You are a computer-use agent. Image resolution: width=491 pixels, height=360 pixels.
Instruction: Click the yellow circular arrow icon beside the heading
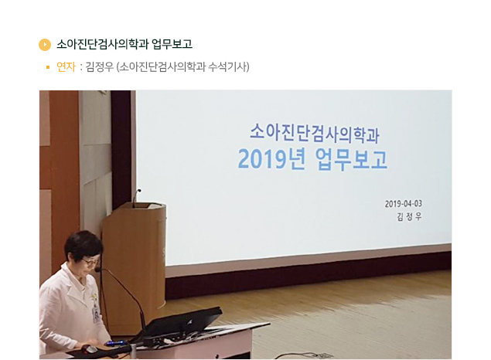45,44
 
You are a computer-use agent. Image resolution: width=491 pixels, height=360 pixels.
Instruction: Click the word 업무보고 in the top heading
172,44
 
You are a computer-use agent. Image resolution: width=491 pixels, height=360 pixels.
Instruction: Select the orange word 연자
66,67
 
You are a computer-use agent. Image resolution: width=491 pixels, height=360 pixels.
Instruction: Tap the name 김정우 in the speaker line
99,67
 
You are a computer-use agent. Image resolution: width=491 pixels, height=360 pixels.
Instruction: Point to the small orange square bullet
48,67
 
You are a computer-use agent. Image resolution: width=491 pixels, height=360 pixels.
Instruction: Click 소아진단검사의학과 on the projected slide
315,133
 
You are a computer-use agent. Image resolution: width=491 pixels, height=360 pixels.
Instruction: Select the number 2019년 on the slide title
272,159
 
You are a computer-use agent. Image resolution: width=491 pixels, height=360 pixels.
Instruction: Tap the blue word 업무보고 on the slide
351,159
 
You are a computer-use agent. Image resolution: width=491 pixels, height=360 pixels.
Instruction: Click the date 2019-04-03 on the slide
404,204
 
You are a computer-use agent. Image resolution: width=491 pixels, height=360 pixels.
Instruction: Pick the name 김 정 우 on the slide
409,217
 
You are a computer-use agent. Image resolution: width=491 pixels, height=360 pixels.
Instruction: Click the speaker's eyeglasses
90,261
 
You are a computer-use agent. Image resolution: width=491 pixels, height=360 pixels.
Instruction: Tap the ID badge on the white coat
96,314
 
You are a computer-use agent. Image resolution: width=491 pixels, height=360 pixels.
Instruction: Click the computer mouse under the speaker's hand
90,349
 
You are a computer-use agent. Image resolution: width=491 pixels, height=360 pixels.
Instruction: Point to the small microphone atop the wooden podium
136,197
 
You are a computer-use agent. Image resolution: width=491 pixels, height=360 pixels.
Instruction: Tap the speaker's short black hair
83,244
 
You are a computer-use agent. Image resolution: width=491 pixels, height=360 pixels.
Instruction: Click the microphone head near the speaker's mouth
97,270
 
